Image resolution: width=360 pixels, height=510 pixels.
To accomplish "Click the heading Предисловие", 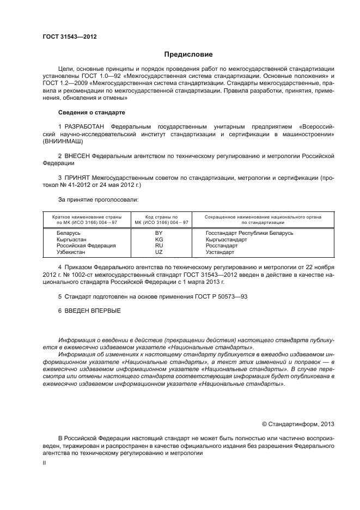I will click(188, 54).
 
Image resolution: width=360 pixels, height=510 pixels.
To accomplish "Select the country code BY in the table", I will click(159, 233).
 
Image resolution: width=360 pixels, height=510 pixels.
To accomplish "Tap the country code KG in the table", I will click(159, 239).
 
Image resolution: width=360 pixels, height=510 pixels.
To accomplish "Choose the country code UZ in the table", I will click(159, 252).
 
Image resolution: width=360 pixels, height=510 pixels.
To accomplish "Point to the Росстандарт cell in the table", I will click(221, 246).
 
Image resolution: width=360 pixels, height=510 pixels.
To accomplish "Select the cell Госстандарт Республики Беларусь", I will click(249, 233).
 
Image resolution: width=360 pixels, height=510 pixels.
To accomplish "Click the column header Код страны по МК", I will click(159, 220).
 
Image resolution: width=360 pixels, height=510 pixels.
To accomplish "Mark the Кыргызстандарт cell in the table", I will click(226, 239).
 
